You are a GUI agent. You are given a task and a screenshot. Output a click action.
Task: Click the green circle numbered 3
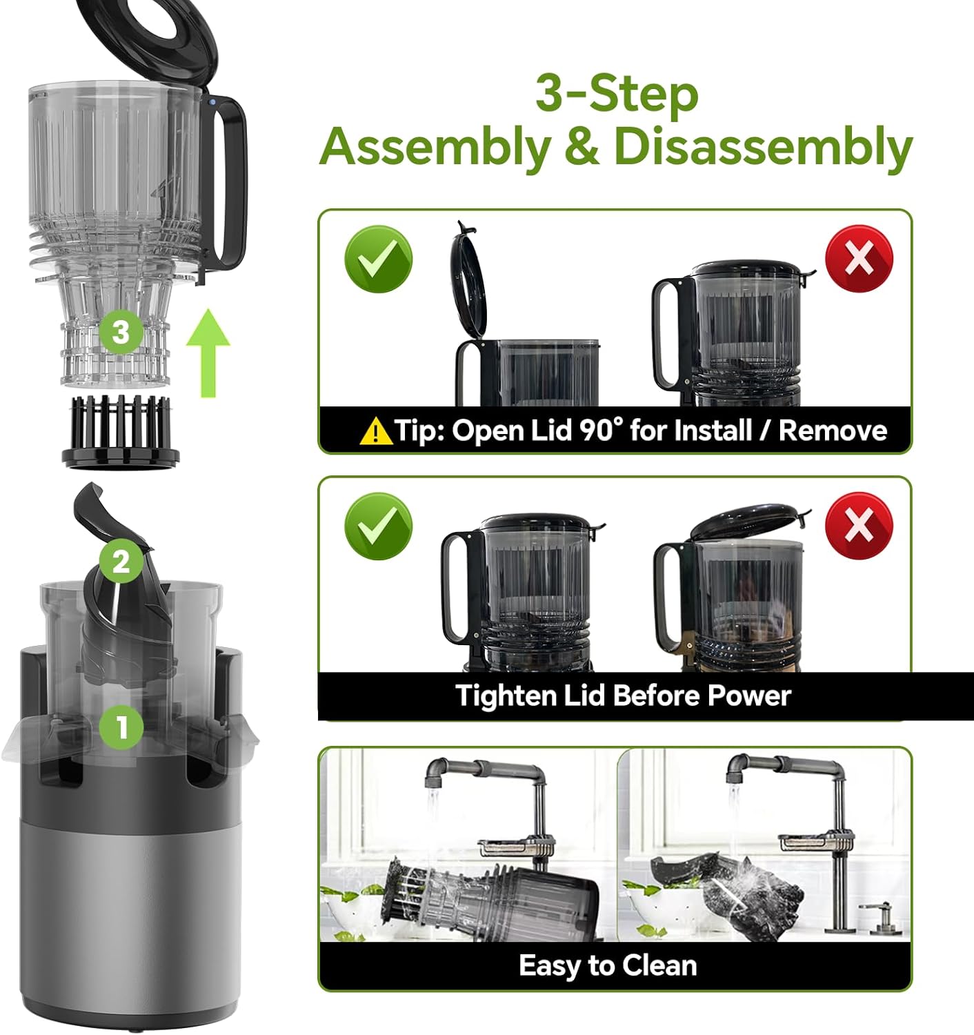pos(121,332)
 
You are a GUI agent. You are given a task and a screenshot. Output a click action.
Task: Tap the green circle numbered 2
pos(121,561)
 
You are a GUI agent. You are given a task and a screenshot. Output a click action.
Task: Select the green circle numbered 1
pos(121,726)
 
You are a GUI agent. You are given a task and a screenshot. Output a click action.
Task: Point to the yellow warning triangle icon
pos(376,431)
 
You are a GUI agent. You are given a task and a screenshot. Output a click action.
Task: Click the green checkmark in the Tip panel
pos(378,259)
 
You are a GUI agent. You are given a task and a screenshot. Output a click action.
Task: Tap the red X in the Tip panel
pos(859,259)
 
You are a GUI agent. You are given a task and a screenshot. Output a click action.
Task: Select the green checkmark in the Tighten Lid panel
pos(378,526)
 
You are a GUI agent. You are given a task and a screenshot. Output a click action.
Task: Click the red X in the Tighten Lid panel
pos(859,526)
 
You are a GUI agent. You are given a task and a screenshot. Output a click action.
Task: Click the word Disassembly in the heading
pos(763,147)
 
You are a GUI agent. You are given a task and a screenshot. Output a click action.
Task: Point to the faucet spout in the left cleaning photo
pos(433,777)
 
